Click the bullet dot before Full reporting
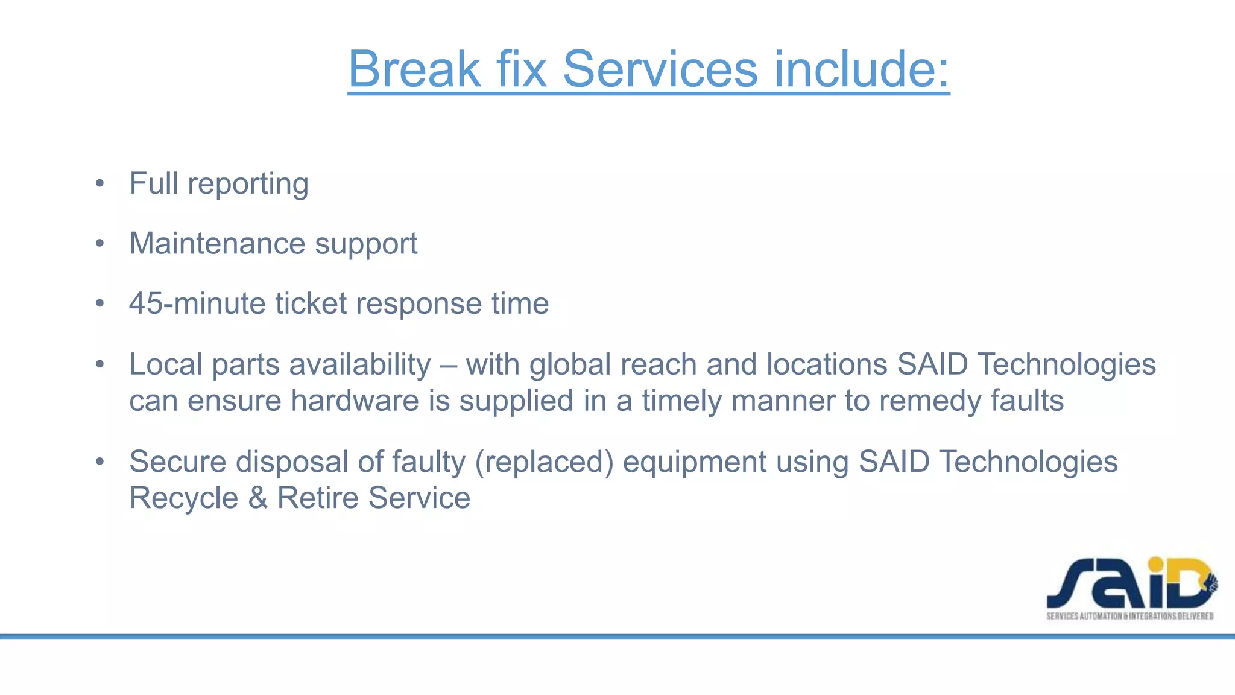(100, 183)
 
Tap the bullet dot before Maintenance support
(100, 244)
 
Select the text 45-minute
(197, 303)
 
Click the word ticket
(311, 303)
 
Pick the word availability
(360, 365)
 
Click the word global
(570, 365)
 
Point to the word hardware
(355, 401)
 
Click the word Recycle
(184, 498)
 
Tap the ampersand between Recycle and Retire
(257, 498)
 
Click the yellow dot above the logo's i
(1155, 565)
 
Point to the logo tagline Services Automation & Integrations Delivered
(1129, 616)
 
